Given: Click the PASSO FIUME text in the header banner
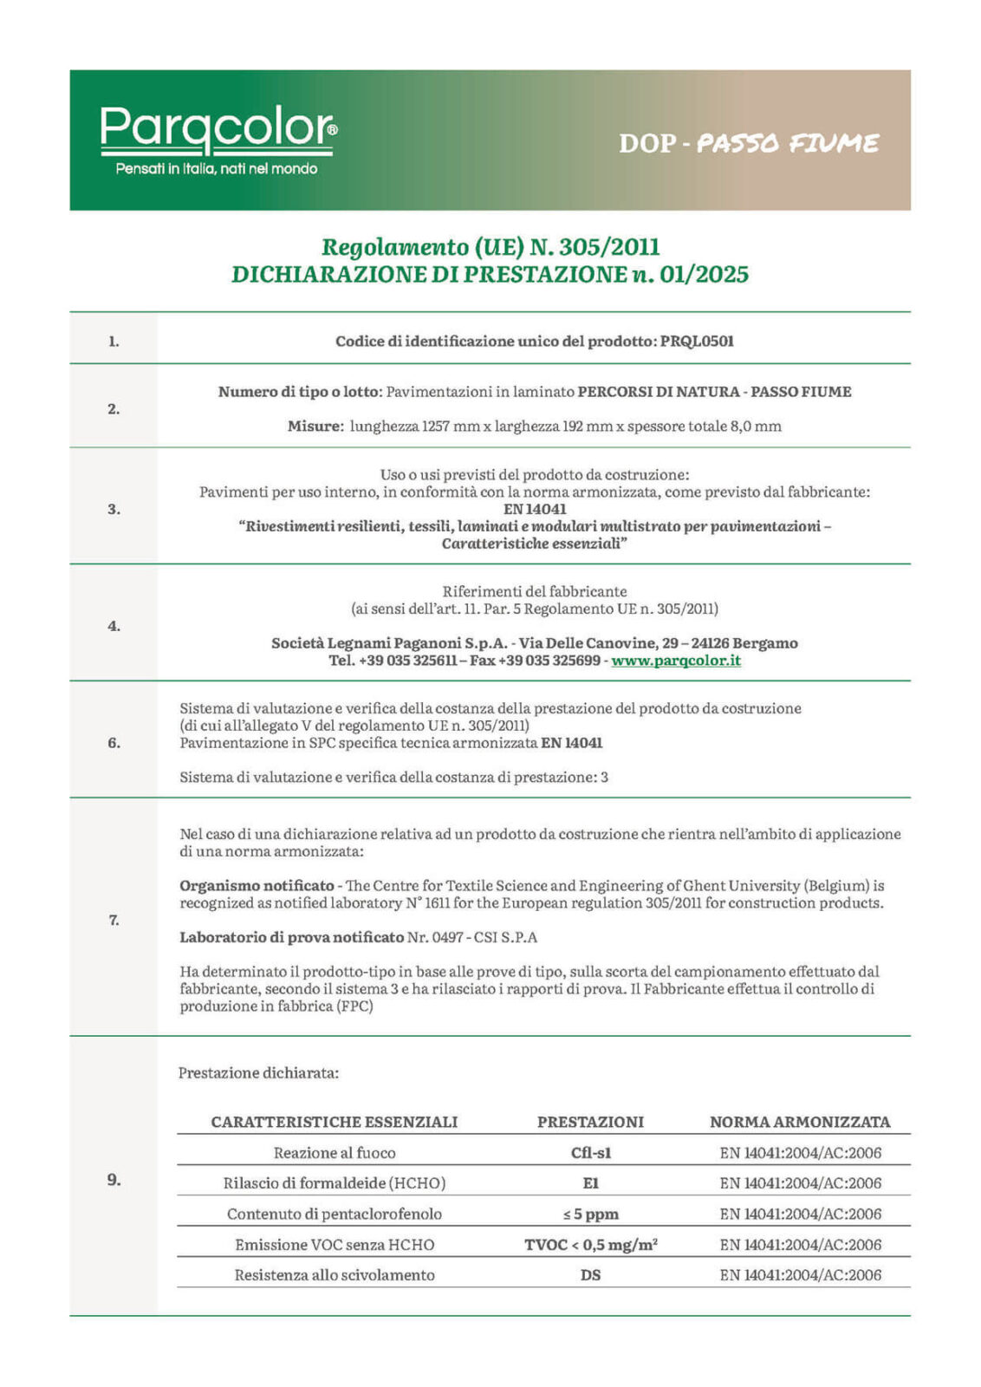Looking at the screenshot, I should pos(787,143).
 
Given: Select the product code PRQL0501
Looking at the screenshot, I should pos(697,342).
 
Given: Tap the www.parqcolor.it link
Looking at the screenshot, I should pos(676,661).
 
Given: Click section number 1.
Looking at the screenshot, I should pos(114,342).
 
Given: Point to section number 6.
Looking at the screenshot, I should pos(114,743).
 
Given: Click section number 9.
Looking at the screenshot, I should pos(114,1180).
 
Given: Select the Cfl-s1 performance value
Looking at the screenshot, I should pos(591,1153).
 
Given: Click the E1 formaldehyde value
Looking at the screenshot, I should pos(591,1183).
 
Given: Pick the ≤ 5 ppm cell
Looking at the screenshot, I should pos(591,1214).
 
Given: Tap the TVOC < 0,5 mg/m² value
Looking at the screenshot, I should pos(591,1245).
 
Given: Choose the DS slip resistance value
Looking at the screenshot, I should pos(591,1275).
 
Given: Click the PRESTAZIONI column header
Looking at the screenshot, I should pos(591,1122).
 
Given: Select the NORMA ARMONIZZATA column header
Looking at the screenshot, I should pos(800,1122).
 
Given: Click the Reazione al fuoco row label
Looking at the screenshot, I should pos(335,1153).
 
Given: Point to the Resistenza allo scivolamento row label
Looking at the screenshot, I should pos(335,1275).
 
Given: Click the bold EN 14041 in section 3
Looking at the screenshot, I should pos(535,510).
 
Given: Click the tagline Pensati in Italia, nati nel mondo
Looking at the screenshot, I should pos(217,169).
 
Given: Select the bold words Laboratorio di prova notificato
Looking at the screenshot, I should pos(291,937).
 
